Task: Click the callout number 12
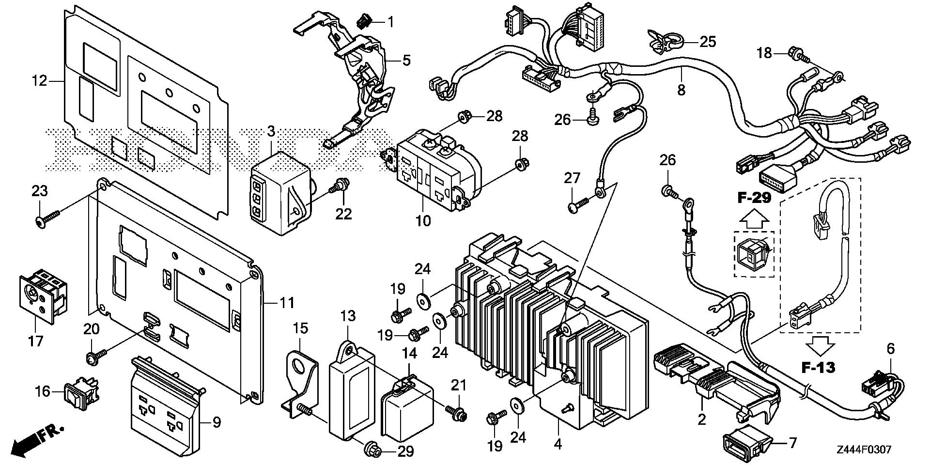[x=40, y=81]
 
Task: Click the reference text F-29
[x=755, y=198]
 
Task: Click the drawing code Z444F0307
[x=863, y=450]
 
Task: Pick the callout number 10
[x=423, y=221]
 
